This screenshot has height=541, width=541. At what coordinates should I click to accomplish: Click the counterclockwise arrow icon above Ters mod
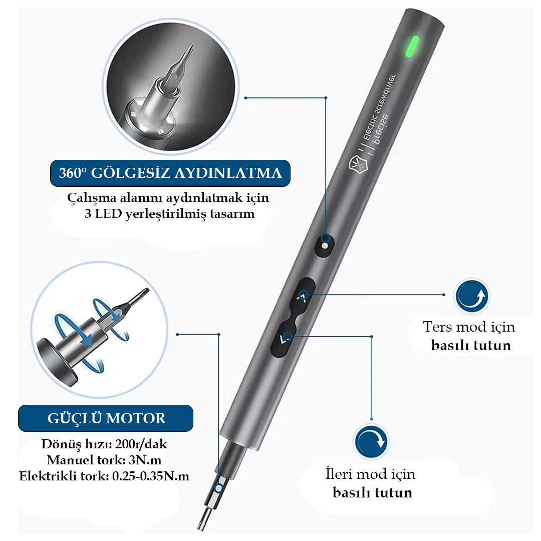coord(471,297)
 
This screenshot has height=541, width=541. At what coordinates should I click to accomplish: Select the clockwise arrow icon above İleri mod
coord(371,442)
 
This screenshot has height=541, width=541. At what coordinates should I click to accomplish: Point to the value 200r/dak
coord(141,444)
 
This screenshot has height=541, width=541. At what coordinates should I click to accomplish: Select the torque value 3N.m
coord(145,460)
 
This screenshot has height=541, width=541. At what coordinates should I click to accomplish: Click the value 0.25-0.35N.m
coord(151,476)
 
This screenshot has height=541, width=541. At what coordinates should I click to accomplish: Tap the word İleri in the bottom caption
coord(339,473)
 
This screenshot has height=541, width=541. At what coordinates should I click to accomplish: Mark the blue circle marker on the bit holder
coord(218,488)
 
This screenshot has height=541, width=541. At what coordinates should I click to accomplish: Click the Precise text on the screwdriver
coord(380,131)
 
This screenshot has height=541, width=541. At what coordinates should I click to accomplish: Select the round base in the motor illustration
coord(57,362)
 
